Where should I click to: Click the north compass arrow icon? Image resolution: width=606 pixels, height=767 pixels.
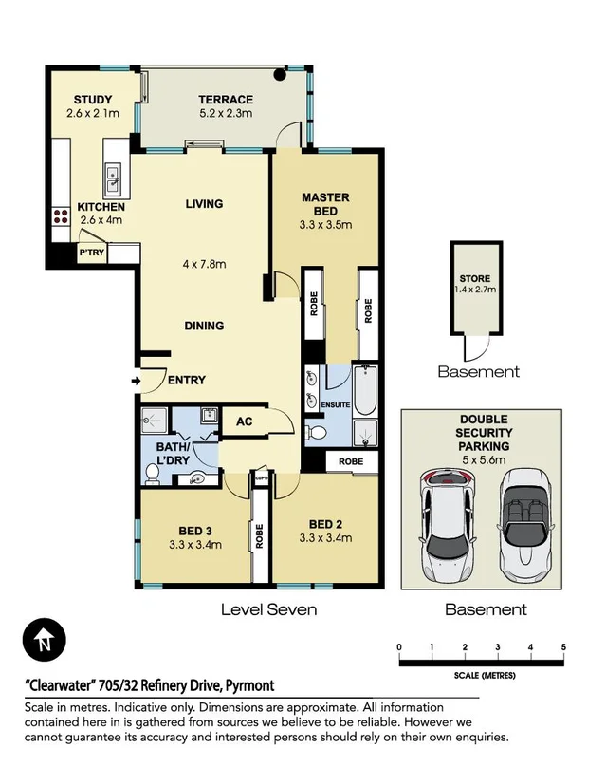(x=45, y=643)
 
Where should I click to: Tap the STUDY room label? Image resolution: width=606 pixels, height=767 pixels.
(x=93, y=100)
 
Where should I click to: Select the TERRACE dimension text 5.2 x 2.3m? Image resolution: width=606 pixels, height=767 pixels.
(x=225, y=114)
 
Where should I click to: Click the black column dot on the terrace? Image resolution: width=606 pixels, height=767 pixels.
(x=280, y=74)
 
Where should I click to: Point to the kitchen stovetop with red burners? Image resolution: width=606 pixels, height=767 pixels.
(x=61, y=215)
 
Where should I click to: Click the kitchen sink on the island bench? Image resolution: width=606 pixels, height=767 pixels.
(x=112, y=175)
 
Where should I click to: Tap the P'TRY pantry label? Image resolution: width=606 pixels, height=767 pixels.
(x=91, y=253)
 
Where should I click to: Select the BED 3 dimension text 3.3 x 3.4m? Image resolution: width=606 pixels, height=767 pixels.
(x=194, y=545)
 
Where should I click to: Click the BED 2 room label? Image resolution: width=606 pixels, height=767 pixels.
(x=324, y=524)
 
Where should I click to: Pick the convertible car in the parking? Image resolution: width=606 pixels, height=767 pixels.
(x=523, y=524)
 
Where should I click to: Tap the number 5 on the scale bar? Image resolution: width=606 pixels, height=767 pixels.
(x=563, y=647)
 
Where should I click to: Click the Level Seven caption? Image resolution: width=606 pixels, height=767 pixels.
(x=268, y=609)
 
